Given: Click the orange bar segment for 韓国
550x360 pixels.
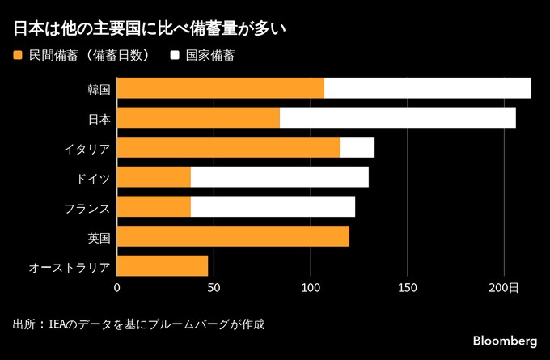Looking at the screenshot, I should coord(221,87).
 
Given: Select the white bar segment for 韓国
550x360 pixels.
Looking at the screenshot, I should coord(428,87).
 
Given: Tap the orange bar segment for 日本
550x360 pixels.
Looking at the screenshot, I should coord(198,117).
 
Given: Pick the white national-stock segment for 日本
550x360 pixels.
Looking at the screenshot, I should coord(398,117).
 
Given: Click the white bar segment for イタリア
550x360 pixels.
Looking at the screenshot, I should coord(357,147).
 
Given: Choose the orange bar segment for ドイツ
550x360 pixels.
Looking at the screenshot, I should coord(154,176).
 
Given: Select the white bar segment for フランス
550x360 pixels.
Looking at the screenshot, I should coord(273,206).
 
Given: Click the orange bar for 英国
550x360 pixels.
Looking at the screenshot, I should coord(233,236).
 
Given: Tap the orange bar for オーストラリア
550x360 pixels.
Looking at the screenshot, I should coord(163,265).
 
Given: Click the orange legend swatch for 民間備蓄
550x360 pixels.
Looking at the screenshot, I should coord(18,56).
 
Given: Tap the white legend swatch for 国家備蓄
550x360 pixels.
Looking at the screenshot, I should coord(174,56).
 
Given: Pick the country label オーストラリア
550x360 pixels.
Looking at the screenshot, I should coord(69,266).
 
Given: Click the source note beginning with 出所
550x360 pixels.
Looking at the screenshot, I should coord(138,324).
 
